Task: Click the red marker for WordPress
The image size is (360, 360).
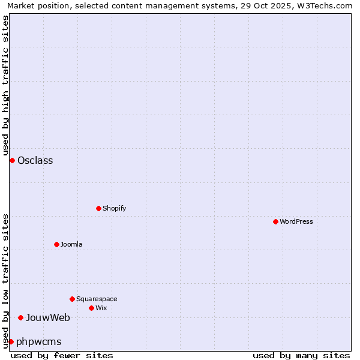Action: [275, 221]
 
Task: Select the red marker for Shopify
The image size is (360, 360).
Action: [98, 208]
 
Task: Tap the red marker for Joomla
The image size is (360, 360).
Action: [56, 244]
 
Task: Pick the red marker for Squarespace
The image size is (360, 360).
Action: [72, 299]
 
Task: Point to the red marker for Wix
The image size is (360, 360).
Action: [91, 308]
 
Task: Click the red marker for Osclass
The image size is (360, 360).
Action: [12, 160]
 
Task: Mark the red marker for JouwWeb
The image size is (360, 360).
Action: [20, 317]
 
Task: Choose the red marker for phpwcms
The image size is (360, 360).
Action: [11, 341]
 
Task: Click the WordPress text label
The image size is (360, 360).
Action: [296, 221]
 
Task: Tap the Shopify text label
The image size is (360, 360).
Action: [115, 208]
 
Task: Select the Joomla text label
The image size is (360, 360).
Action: [71, 244]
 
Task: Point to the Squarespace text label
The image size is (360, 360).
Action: [97, 299]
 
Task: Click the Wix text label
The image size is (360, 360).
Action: [101, 308]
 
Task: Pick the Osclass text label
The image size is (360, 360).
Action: [35, 160]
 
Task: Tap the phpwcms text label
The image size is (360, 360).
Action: [39, 341]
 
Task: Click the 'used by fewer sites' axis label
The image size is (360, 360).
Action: [62, 355]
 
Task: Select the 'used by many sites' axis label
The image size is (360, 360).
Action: [301, 355]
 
